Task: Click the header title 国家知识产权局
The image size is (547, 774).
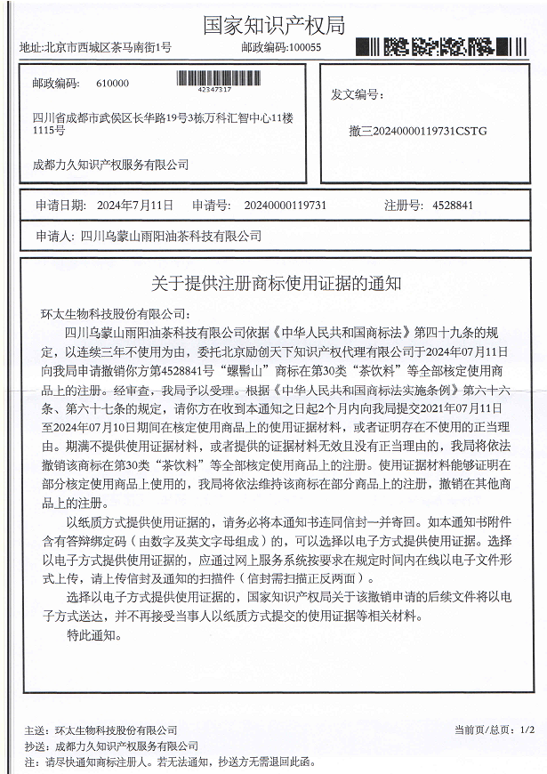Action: tap(273, 23)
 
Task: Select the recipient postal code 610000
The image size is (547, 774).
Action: tap(111, 84)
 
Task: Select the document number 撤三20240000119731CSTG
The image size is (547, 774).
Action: tap(418, 131)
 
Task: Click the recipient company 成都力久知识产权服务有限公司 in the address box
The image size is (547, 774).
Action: tap(111, 165)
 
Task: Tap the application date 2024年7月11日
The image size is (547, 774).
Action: tap(133, 206)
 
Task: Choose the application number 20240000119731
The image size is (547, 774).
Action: tap(285, 206)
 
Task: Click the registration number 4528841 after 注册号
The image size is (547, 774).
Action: tap(453, 206)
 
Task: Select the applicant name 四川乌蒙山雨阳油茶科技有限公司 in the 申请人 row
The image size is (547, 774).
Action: tap(171, 236)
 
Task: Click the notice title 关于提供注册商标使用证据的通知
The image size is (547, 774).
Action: tap(274, 284)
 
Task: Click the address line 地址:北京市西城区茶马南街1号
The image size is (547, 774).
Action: tap(96, 47)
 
